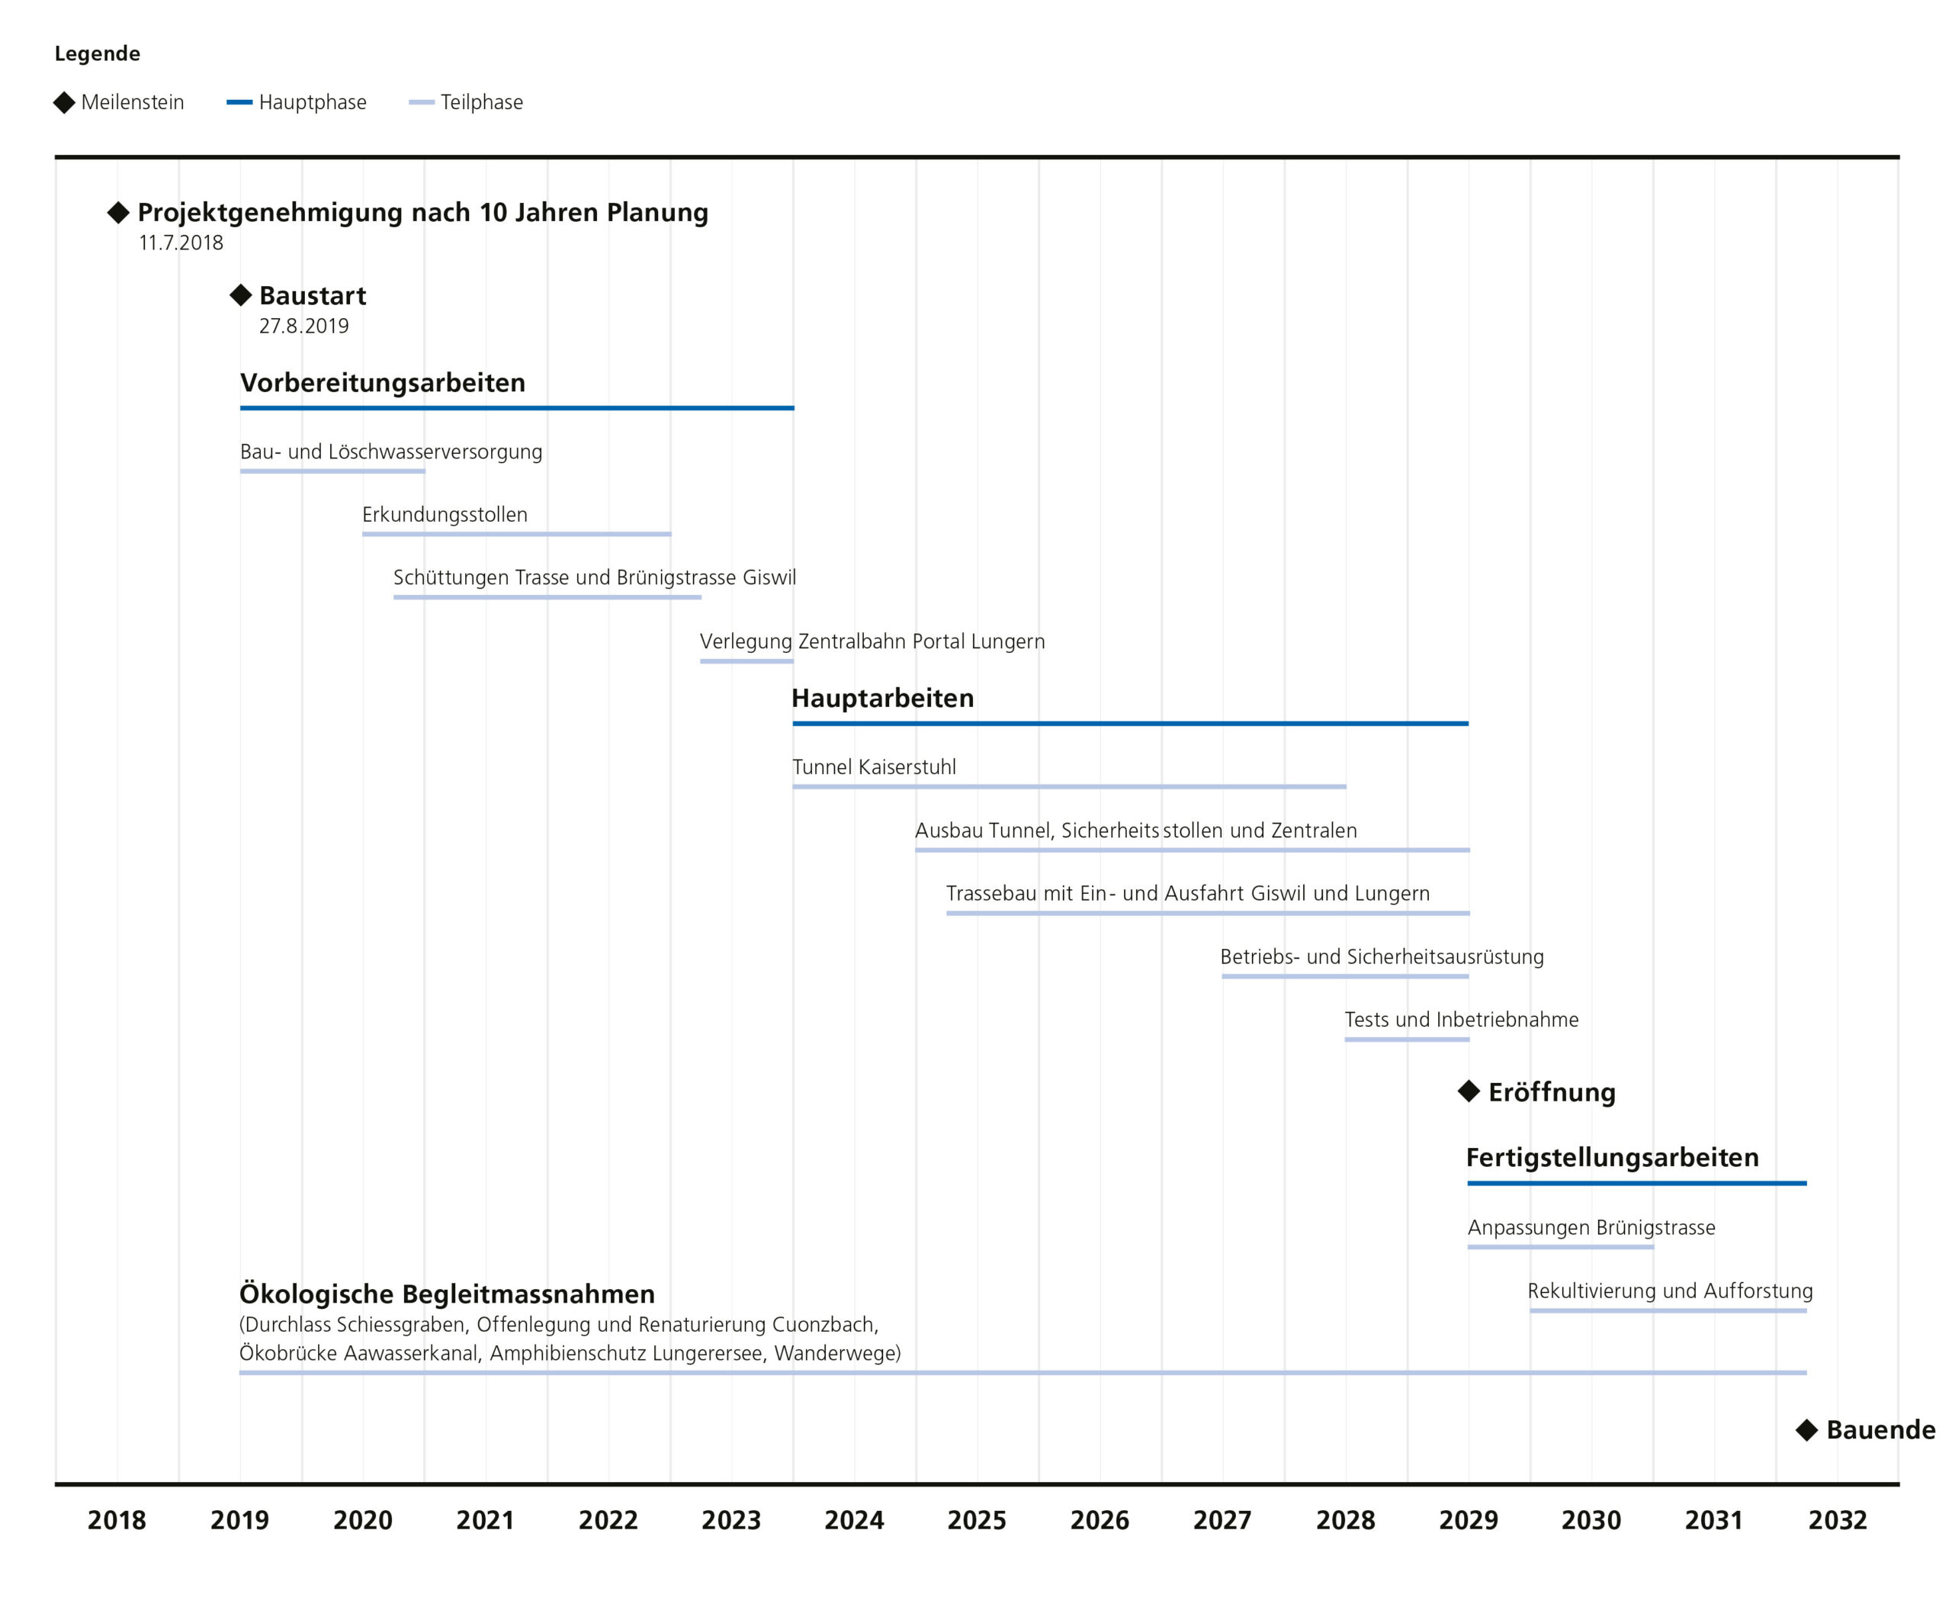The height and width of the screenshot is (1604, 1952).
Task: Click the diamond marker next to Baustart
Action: (x=240, y=296)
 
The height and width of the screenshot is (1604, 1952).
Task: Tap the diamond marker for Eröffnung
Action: (x=1469, y=1091)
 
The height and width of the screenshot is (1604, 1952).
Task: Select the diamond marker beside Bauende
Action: (x=1807, y=1430)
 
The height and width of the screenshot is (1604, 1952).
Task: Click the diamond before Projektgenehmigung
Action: (x=118, y=213)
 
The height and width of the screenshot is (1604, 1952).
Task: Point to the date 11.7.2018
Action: (x=181, y=243)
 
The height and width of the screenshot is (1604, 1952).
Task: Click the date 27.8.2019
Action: (x=304, y=326)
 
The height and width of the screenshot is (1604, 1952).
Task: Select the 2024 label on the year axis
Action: (x=853, y=1520)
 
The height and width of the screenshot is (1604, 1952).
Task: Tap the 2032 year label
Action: (x=1838, y=1520)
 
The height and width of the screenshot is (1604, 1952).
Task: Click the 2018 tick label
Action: (x=117, y=1520)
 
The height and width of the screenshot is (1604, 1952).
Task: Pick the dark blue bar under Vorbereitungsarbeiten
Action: (x=516, y=407)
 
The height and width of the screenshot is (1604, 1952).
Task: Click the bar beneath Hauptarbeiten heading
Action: (x=1130, y=724)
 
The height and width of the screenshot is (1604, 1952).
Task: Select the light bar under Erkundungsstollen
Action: (x=516, y=534)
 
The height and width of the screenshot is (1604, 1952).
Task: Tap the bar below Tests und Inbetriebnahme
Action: (x=1407, y=1040)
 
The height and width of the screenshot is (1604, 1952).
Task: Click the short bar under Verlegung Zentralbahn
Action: (x=746, y=661)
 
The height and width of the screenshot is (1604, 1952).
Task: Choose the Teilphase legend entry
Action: (x=466, y=102)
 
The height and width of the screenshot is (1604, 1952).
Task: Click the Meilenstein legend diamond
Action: (x=65, y=102)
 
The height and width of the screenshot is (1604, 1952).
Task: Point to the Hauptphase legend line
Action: (x=239, y=102)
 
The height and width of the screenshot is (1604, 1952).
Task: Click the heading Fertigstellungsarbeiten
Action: (x=1612, y=1158)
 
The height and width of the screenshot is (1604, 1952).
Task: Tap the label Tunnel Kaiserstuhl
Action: (x=874, y=767)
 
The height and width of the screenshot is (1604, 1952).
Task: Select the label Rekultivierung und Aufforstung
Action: (x=1670, y=1291)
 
